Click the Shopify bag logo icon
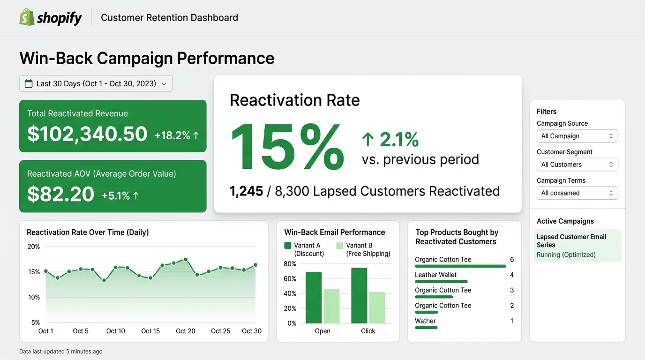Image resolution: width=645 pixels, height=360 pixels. coord(27,17)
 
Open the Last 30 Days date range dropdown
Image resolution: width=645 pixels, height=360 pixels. coord(96,83)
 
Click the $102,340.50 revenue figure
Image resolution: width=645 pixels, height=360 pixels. coord(87,134)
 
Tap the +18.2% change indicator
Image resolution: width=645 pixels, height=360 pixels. coord(177,135)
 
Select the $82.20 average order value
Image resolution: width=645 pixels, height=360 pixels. coord(60,194)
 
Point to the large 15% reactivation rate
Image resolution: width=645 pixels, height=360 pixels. coord(287,147)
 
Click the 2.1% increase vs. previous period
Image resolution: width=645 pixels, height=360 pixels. coord(390,139)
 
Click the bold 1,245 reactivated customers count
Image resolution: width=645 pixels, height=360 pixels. coord(246,191)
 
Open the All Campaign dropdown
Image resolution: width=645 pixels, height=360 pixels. coord(577,136)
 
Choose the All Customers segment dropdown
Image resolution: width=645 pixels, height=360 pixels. coord(577,165)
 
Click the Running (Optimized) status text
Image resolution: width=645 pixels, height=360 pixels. coord(566,255)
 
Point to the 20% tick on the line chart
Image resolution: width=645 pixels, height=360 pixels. coord(34,247)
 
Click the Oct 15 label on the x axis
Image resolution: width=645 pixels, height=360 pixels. coord(150,331)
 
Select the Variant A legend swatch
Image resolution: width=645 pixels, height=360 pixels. coord(288,245)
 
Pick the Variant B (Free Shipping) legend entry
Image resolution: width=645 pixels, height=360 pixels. coord(363,249)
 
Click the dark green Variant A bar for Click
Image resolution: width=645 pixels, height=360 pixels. coord(359,295)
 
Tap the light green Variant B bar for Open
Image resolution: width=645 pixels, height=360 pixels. coord(331,306)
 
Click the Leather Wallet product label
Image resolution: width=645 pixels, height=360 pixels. coord(435,275)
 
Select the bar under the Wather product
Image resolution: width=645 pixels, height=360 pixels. coord(426,328)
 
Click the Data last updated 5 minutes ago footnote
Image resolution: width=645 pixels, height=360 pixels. coord(60,351)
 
